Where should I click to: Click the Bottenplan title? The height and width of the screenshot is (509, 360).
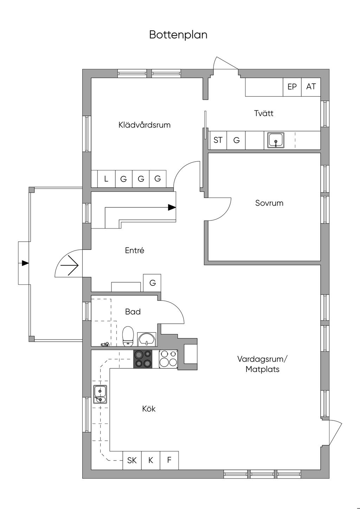[x=178, y=35]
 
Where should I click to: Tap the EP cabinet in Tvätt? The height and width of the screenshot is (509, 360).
[x=292, y=87]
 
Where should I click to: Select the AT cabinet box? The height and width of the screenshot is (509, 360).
[x=311, y=87]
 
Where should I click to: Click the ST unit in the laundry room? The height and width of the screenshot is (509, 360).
[x=218, y=140]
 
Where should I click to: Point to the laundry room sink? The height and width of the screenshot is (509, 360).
[x=276, y=140]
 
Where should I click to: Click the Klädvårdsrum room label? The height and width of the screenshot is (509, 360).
[x=144, y=125]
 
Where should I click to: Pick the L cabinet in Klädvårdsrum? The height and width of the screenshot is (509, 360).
[x=106, y=179]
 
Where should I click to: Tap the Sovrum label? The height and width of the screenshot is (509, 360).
[x=269, y=203]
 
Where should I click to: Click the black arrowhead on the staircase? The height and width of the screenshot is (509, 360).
[x=172, y=207]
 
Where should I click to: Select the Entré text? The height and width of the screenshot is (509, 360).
[x=135, y=251]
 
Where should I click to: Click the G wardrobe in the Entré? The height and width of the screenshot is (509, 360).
[x=152, y=283]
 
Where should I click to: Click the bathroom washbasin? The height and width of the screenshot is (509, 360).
[x=147, y=339]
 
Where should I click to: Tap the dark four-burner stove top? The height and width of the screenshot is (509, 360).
[x=143, y=359]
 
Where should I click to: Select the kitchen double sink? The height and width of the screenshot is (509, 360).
[x=100, y=394]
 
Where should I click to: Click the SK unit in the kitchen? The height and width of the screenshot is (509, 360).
[x=132, y=460]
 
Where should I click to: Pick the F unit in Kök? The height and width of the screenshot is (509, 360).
[x=169, y=460]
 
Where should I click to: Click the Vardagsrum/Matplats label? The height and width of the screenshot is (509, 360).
[x=262, y=364]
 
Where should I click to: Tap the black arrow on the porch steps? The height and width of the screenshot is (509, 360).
[x=25, y=263]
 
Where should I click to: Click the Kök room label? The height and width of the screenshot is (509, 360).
[x=149, y=409]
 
